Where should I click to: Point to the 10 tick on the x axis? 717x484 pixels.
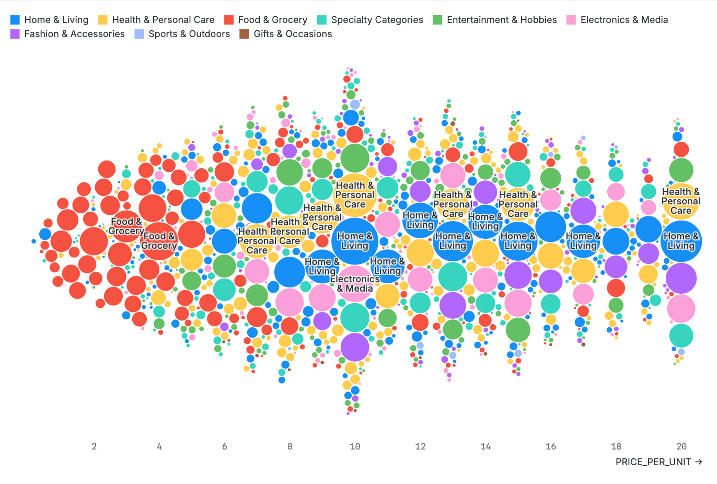pyautogui.click(x=355, y=446)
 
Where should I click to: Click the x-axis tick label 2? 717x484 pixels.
pyautogui.click(x=94, y=446)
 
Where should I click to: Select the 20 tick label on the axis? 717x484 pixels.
pyautogui.click(x=681, y=446)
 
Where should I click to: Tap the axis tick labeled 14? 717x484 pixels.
pyautogui.click(x=485, y=446)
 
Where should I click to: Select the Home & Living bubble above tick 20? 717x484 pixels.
pyautogui.click(x=681, y=241)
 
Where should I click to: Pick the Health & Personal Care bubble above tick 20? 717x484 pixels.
pyautogui.click(x=681, y=201)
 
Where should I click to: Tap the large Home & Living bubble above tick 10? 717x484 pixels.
pyautogui.click(x=355, y=241)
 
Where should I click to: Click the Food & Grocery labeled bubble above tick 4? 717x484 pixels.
pyautogui.click(x=159, y=241)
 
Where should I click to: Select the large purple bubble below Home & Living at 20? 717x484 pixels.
pyautogui.click(x=681, y=279)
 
